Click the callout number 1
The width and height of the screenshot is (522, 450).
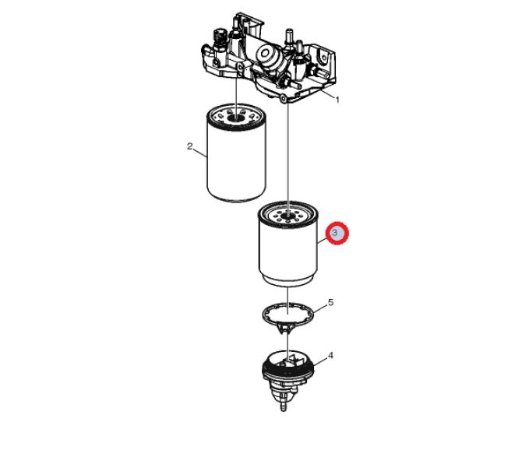[x=337, y=100]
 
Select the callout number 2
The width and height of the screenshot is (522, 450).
[x=190, y=146]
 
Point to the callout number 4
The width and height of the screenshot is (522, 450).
[x=330, y=356]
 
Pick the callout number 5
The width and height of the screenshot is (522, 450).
[x=330, y=302]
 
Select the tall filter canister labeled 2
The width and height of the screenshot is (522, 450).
[x=236, y=153]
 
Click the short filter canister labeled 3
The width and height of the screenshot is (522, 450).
[x=288, y=244]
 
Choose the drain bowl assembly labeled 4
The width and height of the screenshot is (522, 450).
[x=288, y=379]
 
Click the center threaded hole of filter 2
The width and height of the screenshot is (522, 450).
[x=236, y=118]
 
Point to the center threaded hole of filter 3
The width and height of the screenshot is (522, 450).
[x=288, y=216]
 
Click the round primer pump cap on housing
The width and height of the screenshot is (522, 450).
[x=266, y=52]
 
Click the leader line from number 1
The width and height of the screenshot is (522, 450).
[x=327, y=93]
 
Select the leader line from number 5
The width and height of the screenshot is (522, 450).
[x=320, y=308]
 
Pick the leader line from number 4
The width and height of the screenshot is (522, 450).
[x=320, y=362]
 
